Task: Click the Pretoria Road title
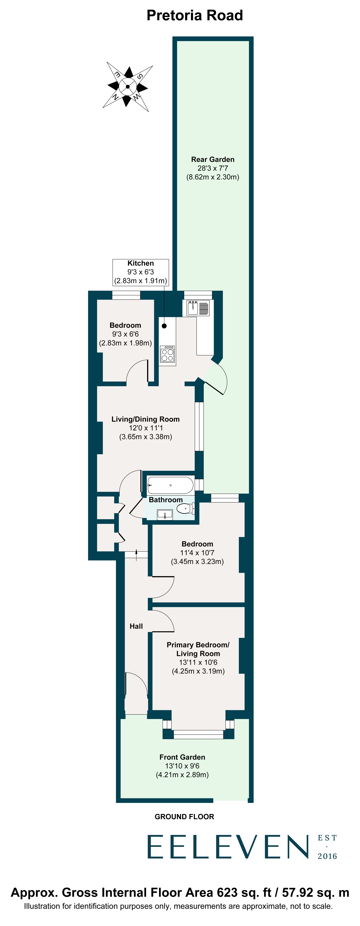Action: pyautogui.click(x=195, y=15)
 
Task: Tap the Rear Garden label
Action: pyautogui.click(x=213, y=160)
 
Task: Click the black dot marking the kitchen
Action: pyautogui.click(x=164, y=326)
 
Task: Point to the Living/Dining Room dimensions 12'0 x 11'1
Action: pyautogui.click(x=146, y=428)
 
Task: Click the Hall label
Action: pyautogui.click(x=136, y=626)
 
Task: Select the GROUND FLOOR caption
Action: pyautogui.click(x=184, y=817)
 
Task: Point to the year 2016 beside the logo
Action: pyautogui.click(x=327, y=856)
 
